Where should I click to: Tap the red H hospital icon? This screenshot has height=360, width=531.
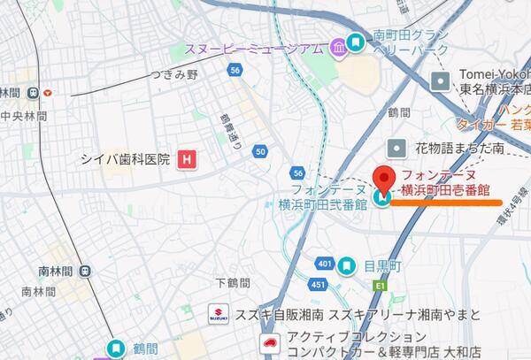186,159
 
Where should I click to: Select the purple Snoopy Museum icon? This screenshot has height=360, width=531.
337,47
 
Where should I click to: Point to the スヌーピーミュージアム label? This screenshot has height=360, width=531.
253,48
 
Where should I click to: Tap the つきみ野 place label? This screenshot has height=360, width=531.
173,75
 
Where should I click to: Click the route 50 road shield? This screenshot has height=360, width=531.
259,151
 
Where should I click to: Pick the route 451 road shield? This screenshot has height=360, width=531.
318,284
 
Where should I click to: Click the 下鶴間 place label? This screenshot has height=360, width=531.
234,283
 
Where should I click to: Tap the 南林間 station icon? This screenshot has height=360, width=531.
84,271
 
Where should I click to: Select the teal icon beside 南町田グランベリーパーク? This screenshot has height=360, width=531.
356,42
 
